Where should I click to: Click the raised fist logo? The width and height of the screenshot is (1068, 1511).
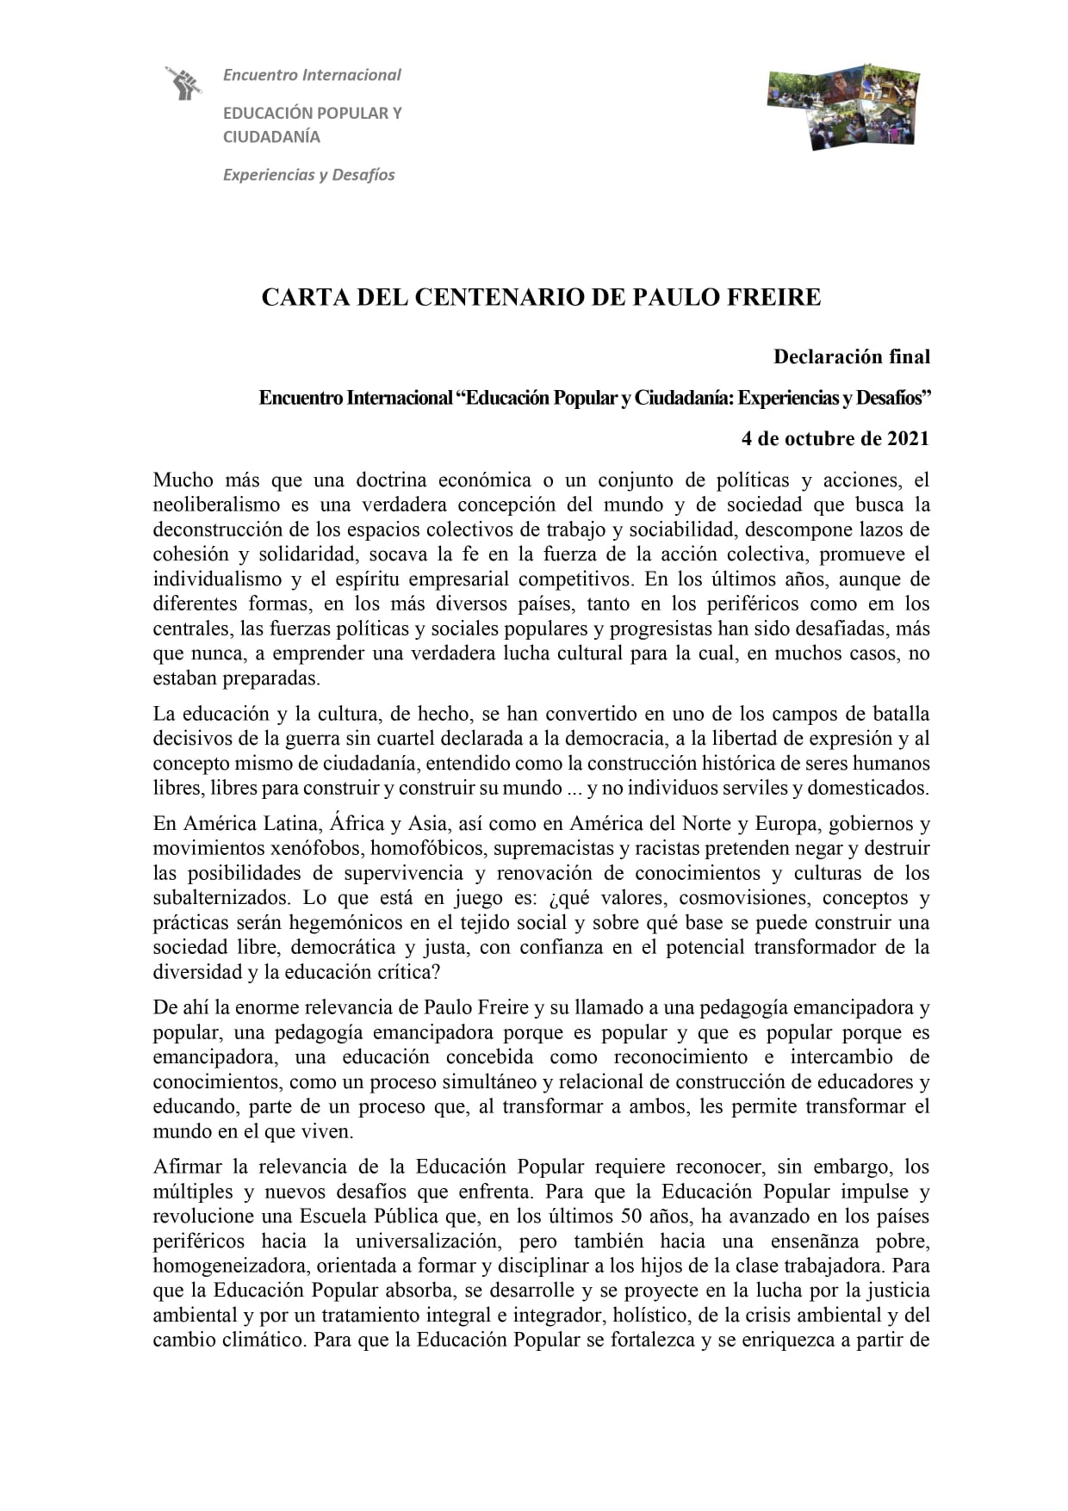[183, 83]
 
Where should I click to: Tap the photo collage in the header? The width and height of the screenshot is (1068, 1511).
[843, 105]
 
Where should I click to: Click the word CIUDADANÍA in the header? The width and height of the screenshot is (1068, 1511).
[271, 137]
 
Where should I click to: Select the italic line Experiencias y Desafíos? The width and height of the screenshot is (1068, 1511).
[308, 175]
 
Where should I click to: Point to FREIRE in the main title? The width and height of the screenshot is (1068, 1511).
[771, 298]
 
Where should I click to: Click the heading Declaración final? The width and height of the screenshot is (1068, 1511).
[851, 356]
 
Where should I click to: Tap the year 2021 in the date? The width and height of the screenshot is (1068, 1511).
[908, 438]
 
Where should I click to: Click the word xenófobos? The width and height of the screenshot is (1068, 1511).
[316, 848]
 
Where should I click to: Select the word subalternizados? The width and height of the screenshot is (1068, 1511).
[221, 898]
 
